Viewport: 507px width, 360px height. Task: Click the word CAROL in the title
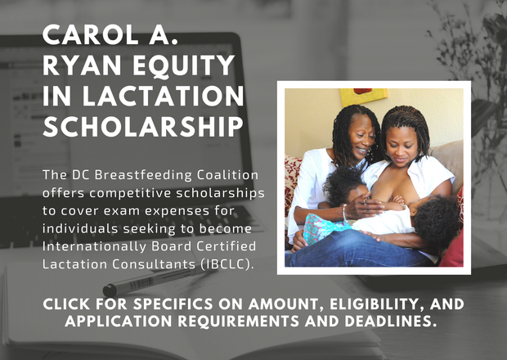[91, 34]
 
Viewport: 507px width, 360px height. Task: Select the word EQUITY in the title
[184, 66]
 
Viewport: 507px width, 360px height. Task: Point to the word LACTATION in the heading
[164, 96]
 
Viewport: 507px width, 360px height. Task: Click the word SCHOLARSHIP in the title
[143, 126]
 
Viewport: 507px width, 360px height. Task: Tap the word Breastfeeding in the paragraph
[143, 175]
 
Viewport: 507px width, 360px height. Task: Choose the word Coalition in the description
[227, 175]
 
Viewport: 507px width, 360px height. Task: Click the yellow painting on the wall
[363, 96]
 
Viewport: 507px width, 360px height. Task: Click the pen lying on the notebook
[159, 280]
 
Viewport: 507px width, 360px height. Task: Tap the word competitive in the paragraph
[130, 193]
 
